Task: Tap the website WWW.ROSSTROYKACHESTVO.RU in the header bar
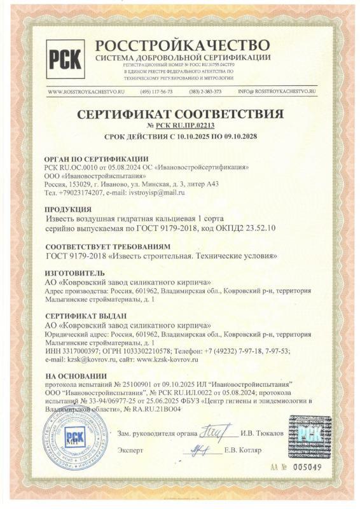84,92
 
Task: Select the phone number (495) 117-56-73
156,92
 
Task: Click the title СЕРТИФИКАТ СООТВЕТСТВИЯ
180,115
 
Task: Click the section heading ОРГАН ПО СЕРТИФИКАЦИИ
96,159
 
